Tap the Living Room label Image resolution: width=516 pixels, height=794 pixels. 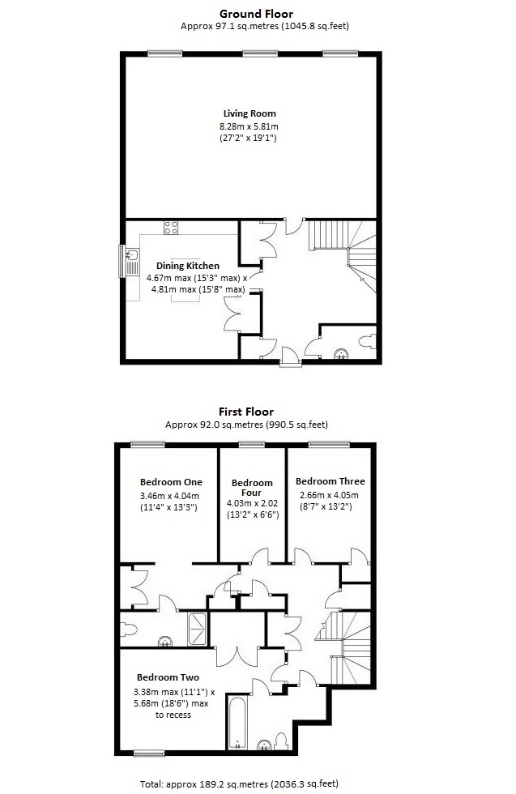tap(250, 113)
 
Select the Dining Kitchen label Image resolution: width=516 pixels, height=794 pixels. tap(187, 266)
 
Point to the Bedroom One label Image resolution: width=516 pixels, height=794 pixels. tap(171, 482)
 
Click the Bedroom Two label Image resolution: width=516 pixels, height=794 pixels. tap(168, 677)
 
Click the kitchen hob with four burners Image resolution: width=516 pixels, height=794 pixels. tap(171, 228)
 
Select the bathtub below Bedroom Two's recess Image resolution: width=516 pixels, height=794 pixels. tap(237, 721)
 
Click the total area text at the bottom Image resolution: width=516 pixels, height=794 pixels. tap(258, 783)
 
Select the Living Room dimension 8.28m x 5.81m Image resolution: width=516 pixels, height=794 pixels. tap(250, 127)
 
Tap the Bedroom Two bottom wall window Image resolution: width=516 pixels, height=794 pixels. tap(151, 753)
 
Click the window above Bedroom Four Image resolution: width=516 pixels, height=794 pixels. tap(252, 443)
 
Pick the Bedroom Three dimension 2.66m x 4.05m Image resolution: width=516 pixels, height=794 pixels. tap(327, 494)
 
